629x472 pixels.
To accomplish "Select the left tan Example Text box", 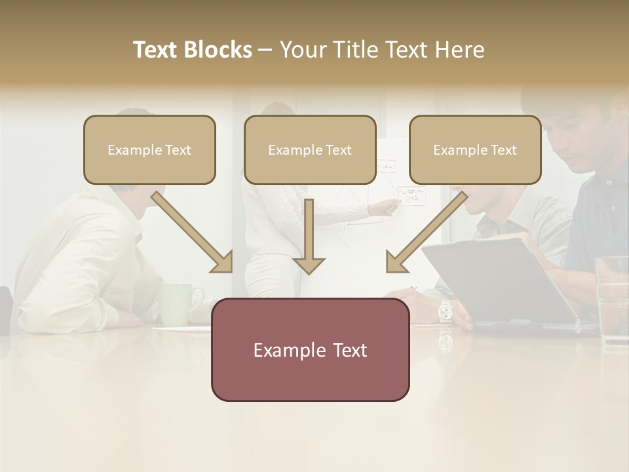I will point(149,149).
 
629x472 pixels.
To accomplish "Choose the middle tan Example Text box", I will point(310,149).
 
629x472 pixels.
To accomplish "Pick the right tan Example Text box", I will point(475,149).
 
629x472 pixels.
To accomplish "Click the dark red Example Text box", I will point(310,349).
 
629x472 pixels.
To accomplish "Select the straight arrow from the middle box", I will point(309,236).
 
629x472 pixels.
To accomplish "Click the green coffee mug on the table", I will point(178,303).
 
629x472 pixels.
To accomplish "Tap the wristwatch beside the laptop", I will point(446,311).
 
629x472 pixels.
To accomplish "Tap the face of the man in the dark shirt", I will point(577,138).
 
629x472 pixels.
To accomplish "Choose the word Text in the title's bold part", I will point(158,50).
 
